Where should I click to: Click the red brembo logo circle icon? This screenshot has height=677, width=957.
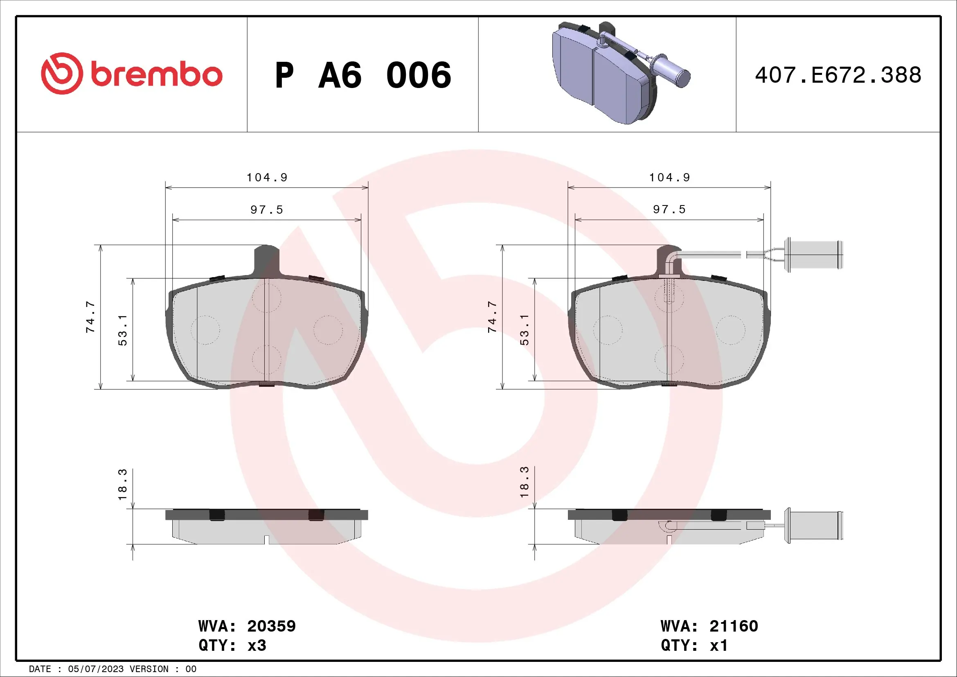pos(62,73)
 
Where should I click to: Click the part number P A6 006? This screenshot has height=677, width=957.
pos(363,75)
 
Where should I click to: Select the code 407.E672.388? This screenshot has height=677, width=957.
pos(838,75)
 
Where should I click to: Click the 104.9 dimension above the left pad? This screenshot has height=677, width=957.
pos(267,178)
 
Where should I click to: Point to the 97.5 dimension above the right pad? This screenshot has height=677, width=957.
pos(669,209)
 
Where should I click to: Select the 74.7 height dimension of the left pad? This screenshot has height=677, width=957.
pos(90,317)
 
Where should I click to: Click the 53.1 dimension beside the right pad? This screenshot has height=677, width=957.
pos(525,330)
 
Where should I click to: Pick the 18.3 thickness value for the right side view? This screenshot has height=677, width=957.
pos(525,482)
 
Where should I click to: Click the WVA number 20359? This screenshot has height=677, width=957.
pos(271,626)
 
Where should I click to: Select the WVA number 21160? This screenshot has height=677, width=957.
pos(734,626)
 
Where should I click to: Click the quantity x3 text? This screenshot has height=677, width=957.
pos(257,645)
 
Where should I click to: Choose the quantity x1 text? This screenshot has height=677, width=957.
pos(718,645)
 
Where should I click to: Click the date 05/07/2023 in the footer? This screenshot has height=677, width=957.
pos(95,669)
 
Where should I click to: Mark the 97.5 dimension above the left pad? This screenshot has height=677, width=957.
pos(267,210)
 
